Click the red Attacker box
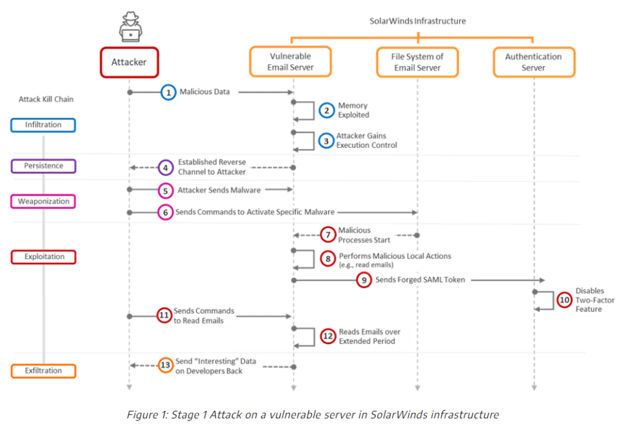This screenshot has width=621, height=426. point(129,62)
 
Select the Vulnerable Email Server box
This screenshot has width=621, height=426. point(290,62)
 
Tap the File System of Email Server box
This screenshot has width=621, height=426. point(417,62)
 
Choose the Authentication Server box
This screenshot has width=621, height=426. point(534,62)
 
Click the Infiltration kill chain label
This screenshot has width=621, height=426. point(43,125)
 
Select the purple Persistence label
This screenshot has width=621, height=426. point(43,165)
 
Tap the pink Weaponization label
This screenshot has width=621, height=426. point(43,201)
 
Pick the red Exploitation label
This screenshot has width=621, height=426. point(43,257)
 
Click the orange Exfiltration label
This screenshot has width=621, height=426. point(43,370)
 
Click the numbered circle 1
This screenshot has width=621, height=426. point(169,92)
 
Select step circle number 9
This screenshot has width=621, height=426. point(364,280)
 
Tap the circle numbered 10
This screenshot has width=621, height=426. point(565,300)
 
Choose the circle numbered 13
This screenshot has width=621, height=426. point(166,365)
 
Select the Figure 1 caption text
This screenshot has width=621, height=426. point(312,414)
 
